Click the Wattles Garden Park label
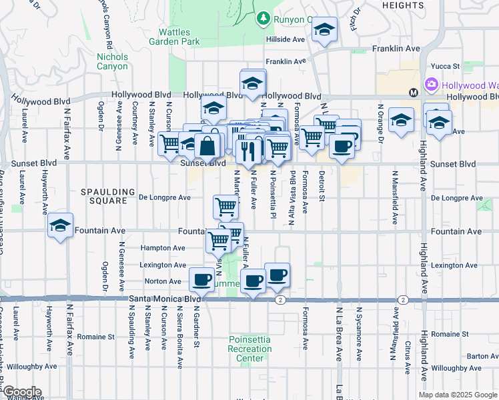click(x=179, y=37)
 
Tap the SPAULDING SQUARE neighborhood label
click(x=103, y=196)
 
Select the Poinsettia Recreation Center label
click(x=249, y=349)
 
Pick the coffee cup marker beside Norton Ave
click(x=201, y=280)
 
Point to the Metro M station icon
click(x=413, y=92)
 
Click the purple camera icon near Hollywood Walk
click(x=432, y=84)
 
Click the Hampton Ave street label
click(x=163, y=248)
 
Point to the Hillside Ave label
click(x=286, y=39)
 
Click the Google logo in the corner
click(x=21, y=392)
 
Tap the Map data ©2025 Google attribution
click(x=458, y=395)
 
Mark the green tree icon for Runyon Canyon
click(x=264, y=17)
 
